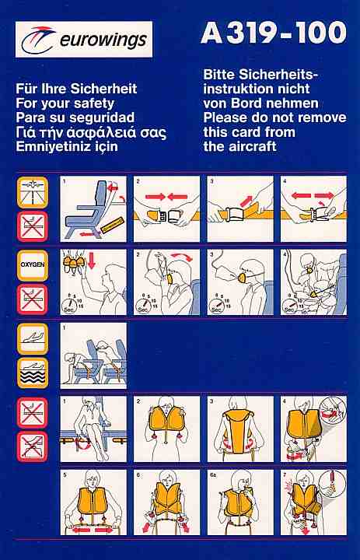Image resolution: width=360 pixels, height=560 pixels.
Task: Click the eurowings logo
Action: click(x=84, y=40)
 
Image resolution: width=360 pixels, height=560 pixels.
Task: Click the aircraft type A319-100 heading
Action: click(x=274, y=33)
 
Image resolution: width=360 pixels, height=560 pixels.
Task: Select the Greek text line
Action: click(x=91, y=132)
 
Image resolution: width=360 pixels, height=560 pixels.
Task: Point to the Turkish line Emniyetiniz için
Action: click(x=67, y=147)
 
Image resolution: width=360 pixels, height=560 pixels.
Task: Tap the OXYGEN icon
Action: click(x=33, y=265)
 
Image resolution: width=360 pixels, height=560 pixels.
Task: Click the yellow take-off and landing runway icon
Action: click(x=33, y=192)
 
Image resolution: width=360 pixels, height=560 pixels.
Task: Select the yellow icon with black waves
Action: click(x=33, y=373)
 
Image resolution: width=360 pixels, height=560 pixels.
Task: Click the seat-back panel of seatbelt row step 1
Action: click(x=93, y=209)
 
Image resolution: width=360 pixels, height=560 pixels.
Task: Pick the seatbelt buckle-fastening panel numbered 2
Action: click(x=167, y=209)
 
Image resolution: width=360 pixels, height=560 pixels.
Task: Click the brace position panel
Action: click(x=93, y=355)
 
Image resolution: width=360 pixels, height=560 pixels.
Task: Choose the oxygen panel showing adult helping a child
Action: click(x=313, y=282)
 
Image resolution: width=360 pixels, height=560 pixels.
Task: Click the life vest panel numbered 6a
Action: click(x=240, y=502)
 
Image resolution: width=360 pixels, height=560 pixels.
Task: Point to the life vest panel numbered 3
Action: click(x=240, y=429)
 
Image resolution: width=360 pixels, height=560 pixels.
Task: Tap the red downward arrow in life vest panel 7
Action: click(x=306, y=530)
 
